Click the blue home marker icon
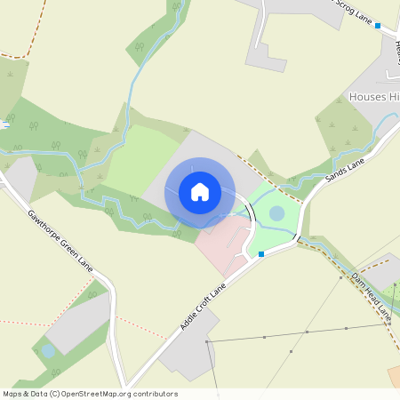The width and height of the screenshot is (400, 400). [x=200, y=192]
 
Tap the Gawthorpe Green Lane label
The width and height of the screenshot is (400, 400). [x=60, y=239]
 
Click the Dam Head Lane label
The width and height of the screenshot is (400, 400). [x=370, y=296]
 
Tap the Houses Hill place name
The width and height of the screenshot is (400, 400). [x=374, y=96]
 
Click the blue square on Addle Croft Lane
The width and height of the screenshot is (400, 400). [x=261, y=254]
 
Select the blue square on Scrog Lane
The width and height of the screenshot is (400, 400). [x=378, y=27]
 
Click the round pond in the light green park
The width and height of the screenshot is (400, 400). [x=276, y=213]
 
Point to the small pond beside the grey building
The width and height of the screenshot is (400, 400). [x=47, y=351]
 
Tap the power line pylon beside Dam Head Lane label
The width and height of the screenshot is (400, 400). [x=341, y=277]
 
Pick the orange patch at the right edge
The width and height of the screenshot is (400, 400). [x=394, y=375]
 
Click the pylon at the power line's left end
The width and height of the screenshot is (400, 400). [x=205, y=341]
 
